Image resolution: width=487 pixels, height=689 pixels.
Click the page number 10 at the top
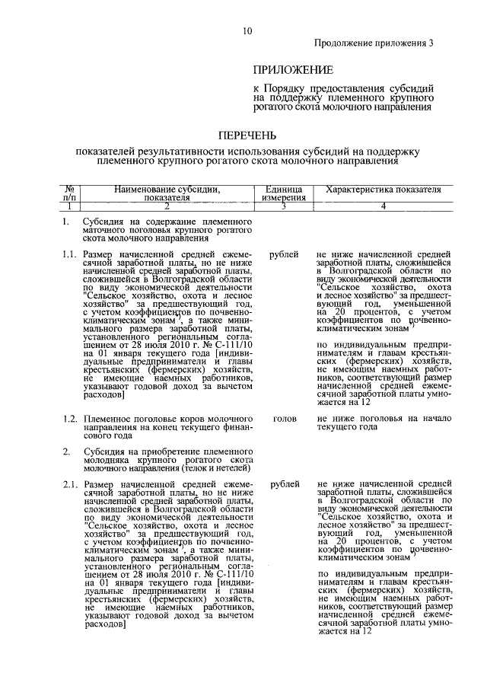(x=247, y=31)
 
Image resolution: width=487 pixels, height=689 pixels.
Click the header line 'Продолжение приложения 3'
(x=374, y=44)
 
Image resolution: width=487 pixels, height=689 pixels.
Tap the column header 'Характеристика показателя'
(x=383, y=189)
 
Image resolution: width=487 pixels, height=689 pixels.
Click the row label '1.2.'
(x=70, y=419)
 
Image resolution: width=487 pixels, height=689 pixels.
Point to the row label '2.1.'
(x=70, y=484)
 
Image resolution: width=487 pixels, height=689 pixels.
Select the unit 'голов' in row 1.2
(x=284, y=419)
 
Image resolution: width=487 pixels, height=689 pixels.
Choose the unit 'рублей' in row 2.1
(x=284, y=484)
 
